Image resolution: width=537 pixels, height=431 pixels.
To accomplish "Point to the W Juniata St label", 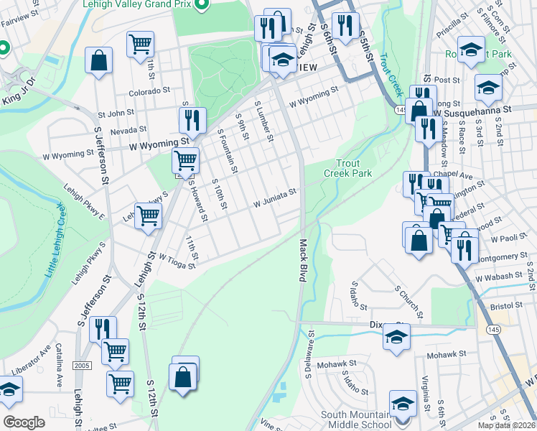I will tap(274, 198).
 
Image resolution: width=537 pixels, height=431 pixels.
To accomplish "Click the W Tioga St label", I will tap(177, 261).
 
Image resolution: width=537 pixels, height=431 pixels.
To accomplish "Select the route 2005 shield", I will tap(83, 366).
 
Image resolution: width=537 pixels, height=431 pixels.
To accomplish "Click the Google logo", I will tap(24, 422).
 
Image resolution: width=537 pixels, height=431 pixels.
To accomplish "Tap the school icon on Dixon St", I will tap(396, 336).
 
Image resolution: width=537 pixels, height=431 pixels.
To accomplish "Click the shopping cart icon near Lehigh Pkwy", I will tap(148, 214).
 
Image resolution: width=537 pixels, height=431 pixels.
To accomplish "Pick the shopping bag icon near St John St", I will tap(98, 61).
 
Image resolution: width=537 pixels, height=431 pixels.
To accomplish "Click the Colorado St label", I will tap(149, 92).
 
